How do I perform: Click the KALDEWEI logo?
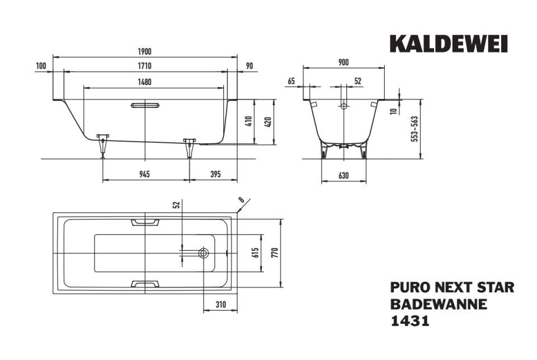449,44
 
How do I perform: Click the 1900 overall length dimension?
144,52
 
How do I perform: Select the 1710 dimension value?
144,66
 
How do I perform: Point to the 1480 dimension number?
144,82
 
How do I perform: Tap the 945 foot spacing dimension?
144,174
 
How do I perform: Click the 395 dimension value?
215,174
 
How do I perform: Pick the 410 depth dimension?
249,121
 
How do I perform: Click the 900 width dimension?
343,62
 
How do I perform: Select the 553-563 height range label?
414,129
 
